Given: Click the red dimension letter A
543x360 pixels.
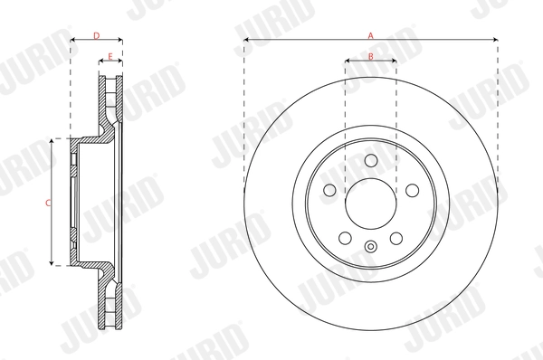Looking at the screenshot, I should click(370, 34).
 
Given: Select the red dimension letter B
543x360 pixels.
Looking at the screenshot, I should click(371, 56).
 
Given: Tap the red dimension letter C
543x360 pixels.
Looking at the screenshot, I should click(47, 203).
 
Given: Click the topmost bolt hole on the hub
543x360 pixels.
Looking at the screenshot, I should click(371, 161).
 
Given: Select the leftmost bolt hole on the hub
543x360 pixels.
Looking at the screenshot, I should click(329, 191).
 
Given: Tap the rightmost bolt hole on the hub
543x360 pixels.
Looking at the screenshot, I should click(413, 191).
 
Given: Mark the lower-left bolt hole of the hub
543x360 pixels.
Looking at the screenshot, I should click(345, 239).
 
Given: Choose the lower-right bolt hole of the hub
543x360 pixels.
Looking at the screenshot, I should click(396, 239).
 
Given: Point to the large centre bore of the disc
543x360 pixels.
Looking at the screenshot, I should click(371, 204).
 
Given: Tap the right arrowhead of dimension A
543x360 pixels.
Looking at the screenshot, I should click(497, 40).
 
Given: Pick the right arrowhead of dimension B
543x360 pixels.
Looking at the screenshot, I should click(395, 62).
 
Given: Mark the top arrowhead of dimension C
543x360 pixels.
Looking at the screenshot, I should click(54, 141).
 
